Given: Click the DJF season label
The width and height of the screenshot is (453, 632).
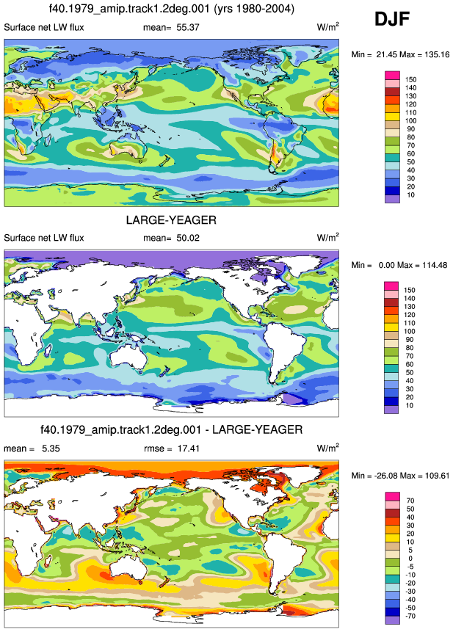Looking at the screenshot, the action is [x=392, y=19].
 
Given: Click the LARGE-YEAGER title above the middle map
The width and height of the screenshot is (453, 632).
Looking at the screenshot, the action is [x=171, y=220].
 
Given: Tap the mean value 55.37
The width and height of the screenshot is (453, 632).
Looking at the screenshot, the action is [x=188, y=27].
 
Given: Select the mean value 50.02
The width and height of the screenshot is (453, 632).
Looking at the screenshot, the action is [x=188, y=238].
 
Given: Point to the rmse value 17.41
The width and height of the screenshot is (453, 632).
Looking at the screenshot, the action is [x=189, y=448].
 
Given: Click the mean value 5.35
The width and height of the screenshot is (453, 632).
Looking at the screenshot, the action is [x=51, y=448].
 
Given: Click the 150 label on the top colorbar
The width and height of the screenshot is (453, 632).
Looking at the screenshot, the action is [x=410, y=79].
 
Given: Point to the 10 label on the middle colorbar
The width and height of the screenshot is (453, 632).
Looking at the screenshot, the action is [x=410, y=405].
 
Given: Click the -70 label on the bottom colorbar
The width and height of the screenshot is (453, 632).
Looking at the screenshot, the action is [x=410, y=616].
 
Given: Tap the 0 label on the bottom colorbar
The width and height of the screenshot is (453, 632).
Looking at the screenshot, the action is [x=410, y=559].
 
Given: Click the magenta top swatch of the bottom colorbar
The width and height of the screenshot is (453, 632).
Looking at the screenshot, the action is [x=392, y=496].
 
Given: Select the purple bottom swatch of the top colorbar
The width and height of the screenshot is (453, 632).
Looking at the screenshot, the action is [x=392, y=199].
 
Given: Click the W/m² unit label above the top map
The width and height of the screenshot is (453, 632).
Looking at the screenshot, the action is [x=327, y=26].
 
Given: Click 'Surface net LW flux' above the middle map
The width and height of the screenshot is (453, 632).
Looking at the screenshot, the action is [x=44, y=238].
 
